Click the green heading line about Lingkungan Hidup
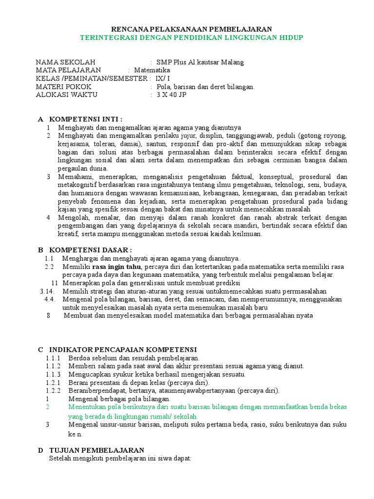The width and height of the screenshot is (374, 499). point(191,38)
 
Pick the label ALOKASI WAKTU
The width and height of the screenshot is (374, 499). point(67,95)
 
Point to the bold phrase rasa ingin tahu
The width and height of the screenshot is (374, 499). point(116,267)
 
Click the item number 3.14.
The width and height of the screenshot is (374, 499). point(48,291)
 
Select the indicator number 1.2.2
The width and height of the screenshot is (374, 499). point(53,391)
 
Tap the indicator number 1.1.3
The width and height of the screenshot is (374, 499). point(53,374)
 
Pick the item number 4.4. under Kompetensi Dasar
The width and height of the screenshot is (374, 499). point(50,299)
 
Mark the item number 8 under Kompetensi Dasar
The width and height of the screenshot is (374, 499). point(49,315)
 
